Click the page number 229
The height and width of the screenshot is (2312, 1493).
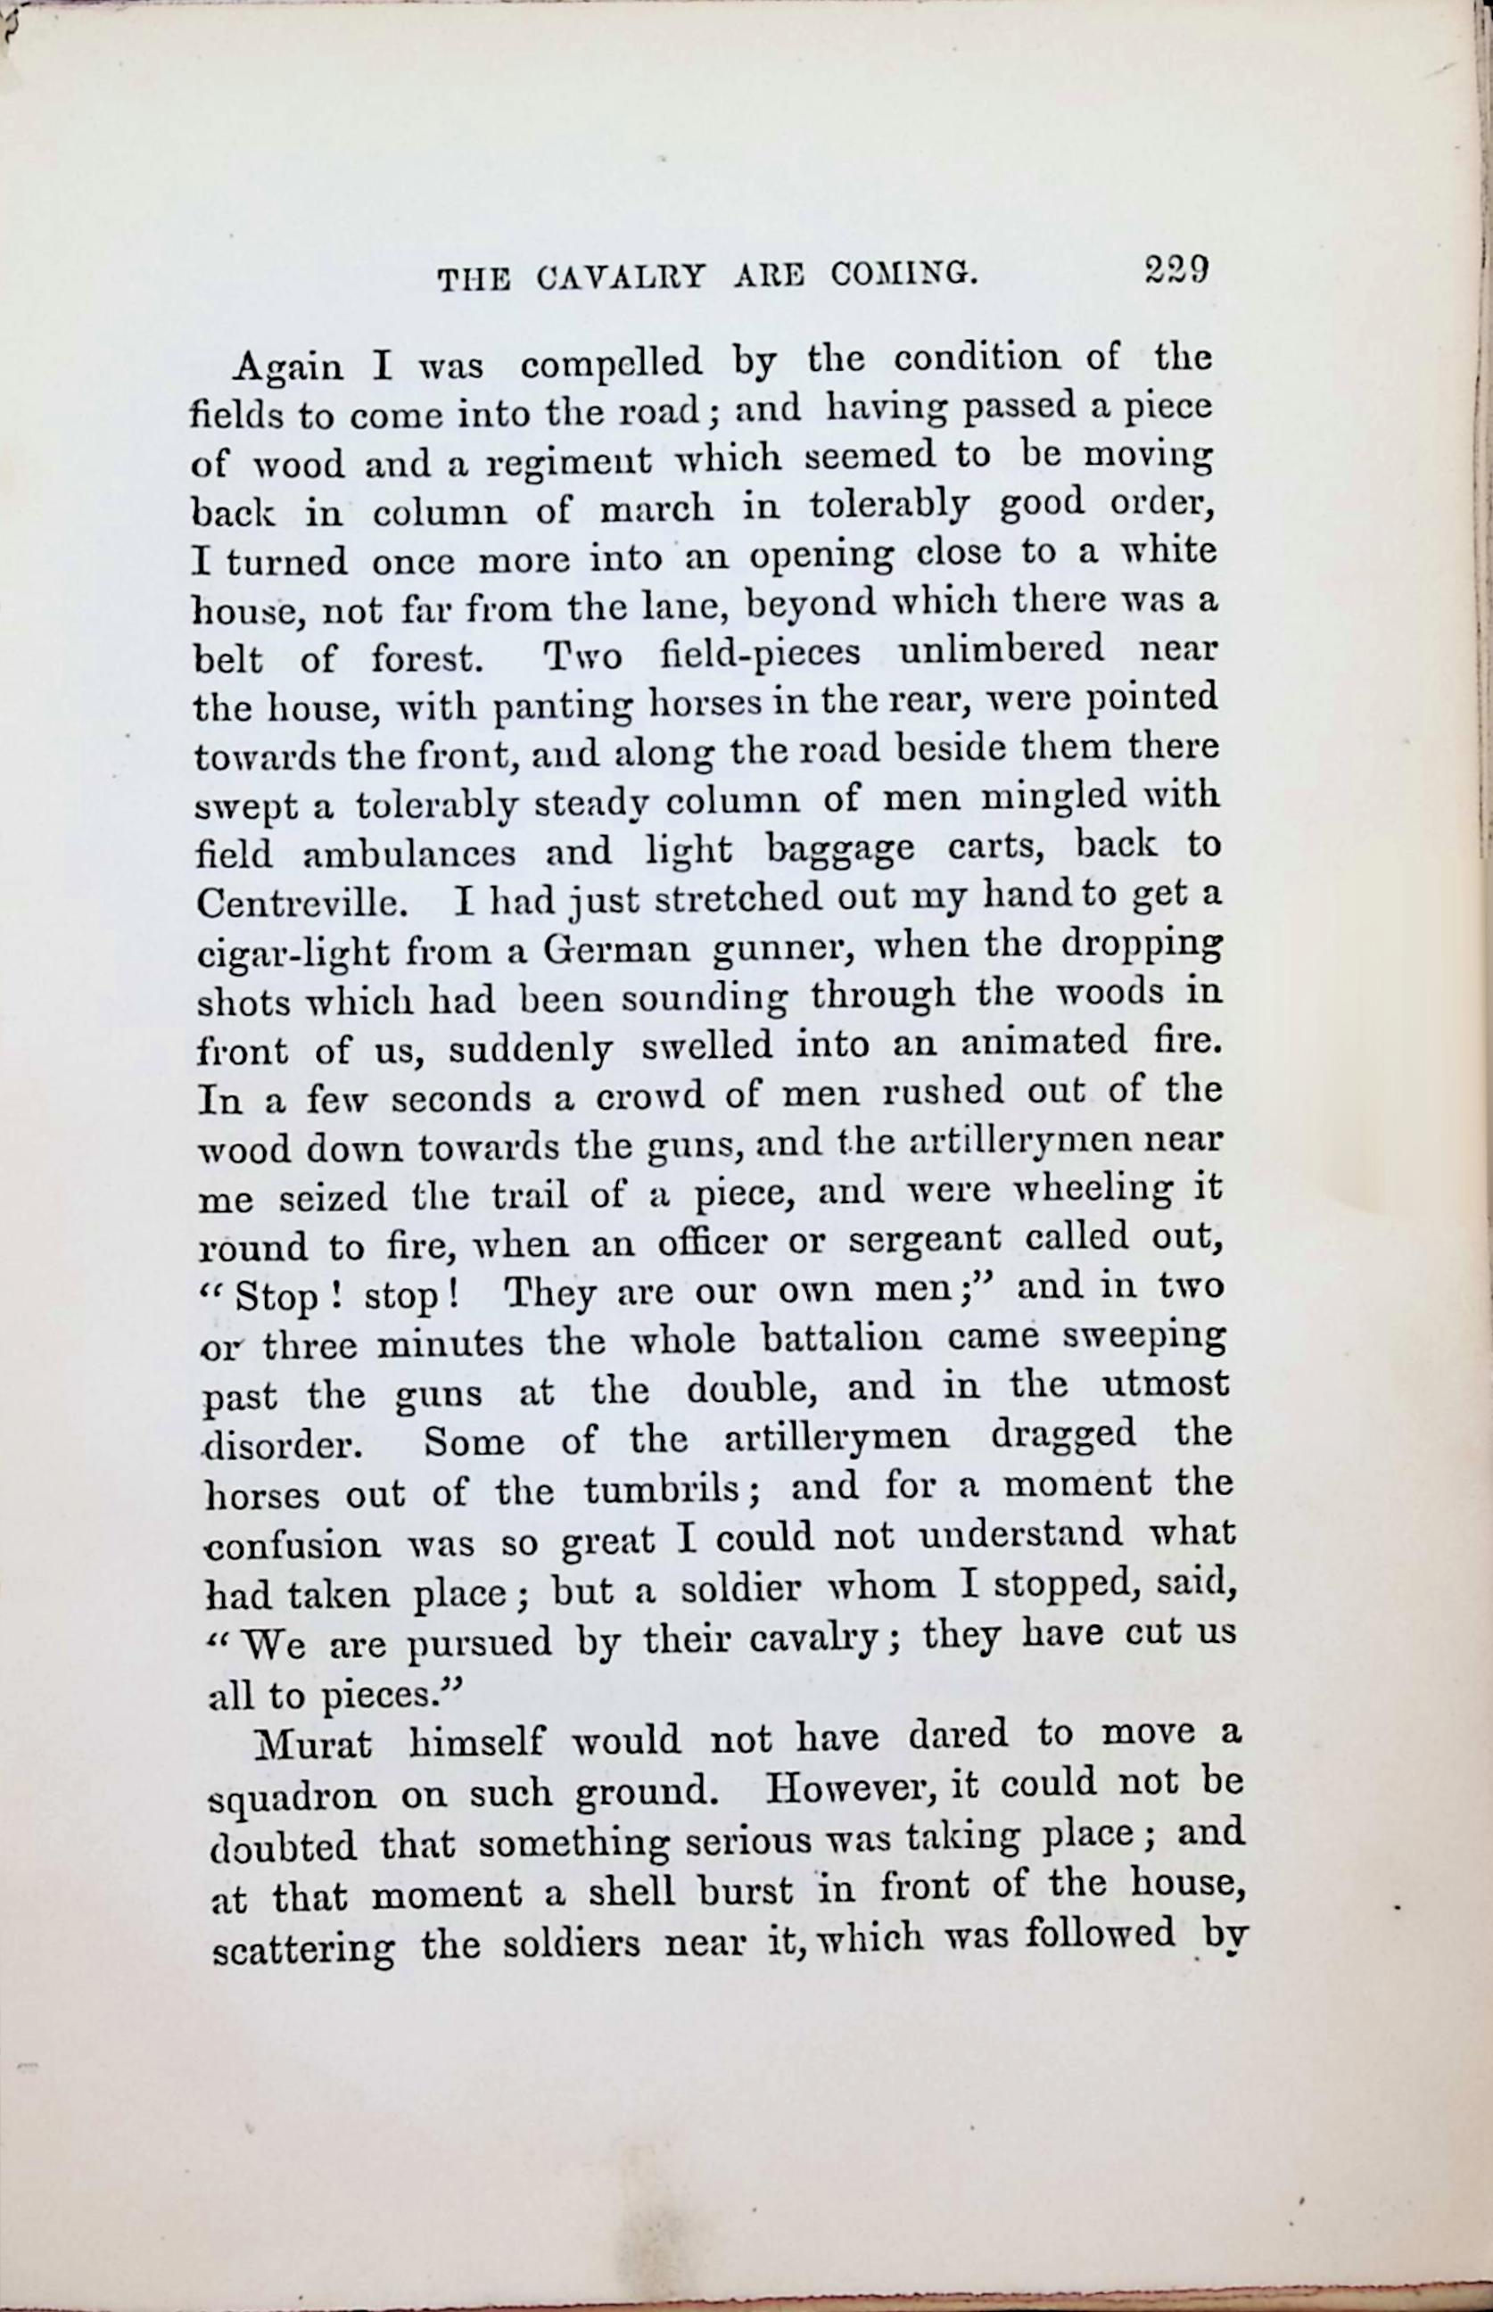(1175, 268)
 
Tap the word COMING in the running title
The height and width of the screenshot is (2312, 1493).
(903, 276)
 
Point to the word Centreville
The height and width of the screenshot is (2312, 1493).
(300, 904)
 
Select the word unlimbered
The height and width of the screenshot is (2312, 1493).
(1001, 648)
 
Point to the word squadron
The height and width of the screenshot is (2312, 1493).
(292, 1796)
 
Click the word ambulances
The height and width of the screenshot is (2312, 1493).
(408, 853)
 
